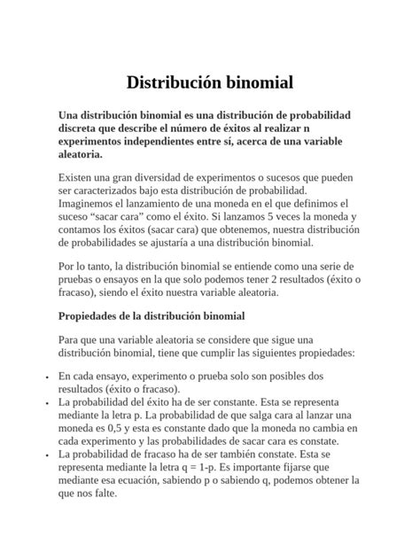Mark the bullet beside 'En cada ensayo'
tap(45, 377)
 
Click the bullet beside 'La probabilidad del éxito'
tap(45, 402)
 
